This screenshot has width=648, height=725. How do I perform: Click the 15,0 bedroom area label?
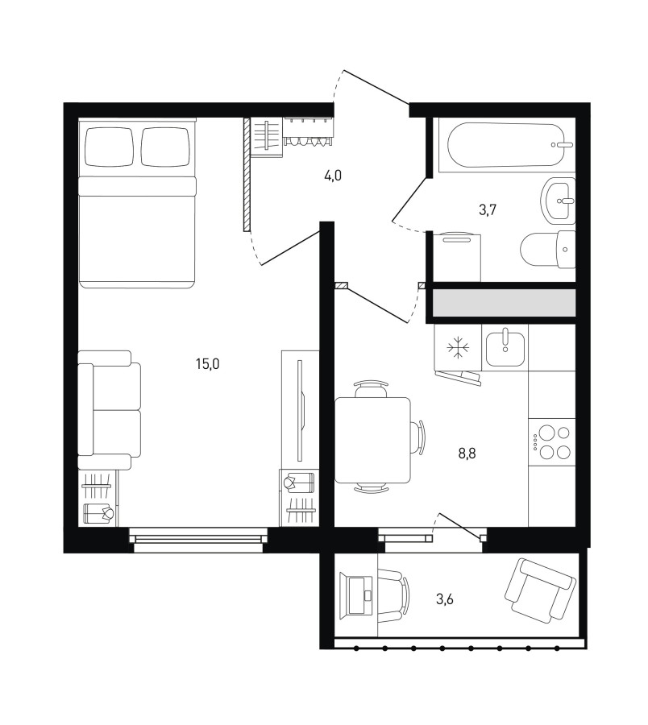(208, 364)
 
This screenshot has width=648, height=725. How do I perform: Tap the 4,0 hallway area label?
(333, 176)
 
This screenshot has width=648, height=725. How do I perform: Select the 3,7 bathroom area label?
(488, 210)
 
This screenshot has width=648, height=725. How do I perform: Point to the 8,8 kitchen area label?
(467, 454)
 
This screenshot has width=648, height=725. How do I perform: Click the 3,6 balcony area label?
(444, 599)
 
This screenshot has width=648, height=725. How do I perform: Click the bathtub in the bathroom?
(506, 145)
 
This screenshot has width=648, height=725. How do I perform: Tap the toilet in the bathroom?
(548, 250)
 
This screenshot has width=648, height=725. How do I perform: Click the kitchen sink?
(505, 348)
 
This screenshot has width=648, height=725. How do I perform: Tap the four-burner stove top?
(552, 441)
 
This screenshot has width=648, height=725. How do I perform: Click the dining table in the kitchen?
(372, 440)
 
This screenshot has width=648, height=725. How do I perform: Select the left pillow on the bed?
(109, 147)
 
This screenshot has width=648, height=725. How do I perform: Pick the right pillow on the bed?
(166, 147)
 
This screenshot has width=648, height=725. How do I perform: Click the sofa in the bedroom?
(109, 410)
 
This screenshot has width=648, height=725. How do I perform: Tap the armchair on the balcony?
(540, 590)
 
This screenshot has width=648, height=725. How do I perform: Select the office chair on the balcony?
(393, 594)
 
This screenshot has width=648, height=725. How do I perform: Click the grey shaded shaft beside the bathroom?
(505, 303)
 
